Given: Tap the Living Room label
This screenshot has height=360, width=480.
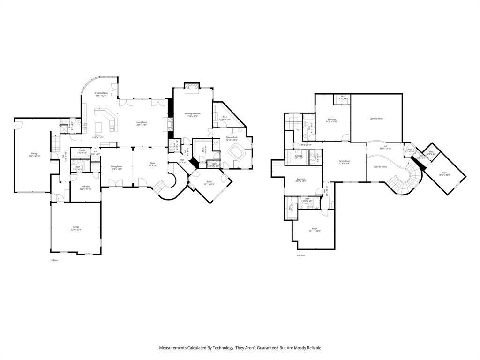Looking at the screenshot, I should (x=142, y=123).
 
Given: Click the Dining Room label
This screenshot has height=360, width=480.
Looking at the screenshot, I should (x=116, y=167).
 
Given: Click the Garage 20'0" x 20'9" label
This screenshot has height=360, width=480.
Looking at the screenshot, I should (x=76, y=228).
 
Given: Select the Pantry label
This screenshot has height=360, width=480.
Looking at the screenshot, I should (x=82, y=151).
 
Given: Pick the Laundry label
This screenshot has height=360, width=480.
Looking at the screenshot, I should (x=299, y=157).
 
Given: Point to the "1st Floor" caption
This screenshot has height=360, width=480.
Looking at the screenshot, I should (x=54, y=260).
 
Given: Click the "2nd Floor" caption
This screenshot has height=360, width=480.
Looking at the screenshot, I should (x=300, y=255).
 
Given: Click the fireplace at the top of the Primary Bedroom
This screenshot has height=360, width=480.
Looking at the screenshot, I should (x=191, y=87).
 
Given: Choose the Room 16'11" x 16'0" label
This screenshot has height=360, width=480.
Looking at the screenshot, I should (x=314, y=230).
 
